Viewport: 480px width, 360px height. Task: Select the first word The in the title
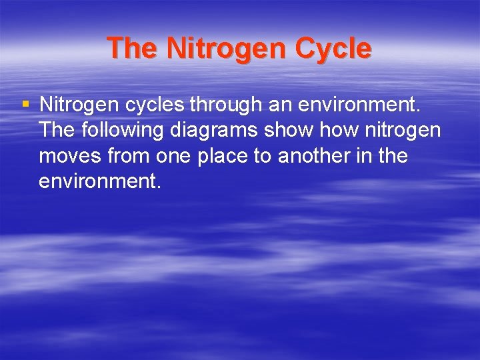click(133, 49)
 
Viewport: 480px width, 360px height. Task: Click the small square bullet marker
click(25, 104)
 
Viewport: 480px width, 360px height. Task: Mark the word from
click(131, 156)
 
